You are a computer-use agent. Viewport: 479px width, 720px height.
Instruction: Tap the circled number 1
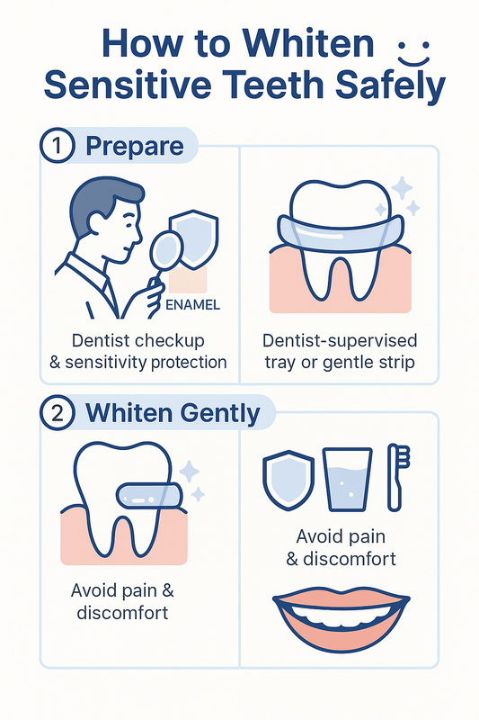pos(57,146)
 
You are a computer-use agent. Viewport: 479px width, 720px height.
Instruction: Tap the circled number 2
pos(57,413)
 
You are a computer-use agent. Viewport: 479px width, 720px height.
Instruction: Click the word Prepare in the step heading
pos(135,147)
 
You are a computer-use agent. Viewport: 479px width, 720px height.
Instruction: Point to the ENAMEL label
pos(192,305)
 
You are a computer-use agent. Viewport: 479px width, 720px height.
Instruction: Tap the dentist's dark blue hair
pos(103,202)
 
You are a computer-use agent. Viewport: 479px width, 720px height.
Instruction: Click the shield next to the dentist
pos(194,238)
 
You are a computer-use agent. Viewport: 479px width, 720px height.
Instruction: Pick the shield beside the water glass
pos(288,481)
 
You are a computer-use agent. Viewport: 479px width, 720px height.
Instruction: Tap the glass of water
pos(347,480)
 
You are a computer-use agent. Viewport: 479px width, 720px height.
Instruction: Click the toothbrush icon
pos(397,478)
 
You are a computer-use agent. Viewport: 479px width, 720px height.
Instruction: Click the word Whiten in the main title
pos(308,44)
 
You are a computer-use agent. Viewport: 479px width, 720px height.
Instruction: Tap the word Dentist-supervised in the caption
pos(340,341)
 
